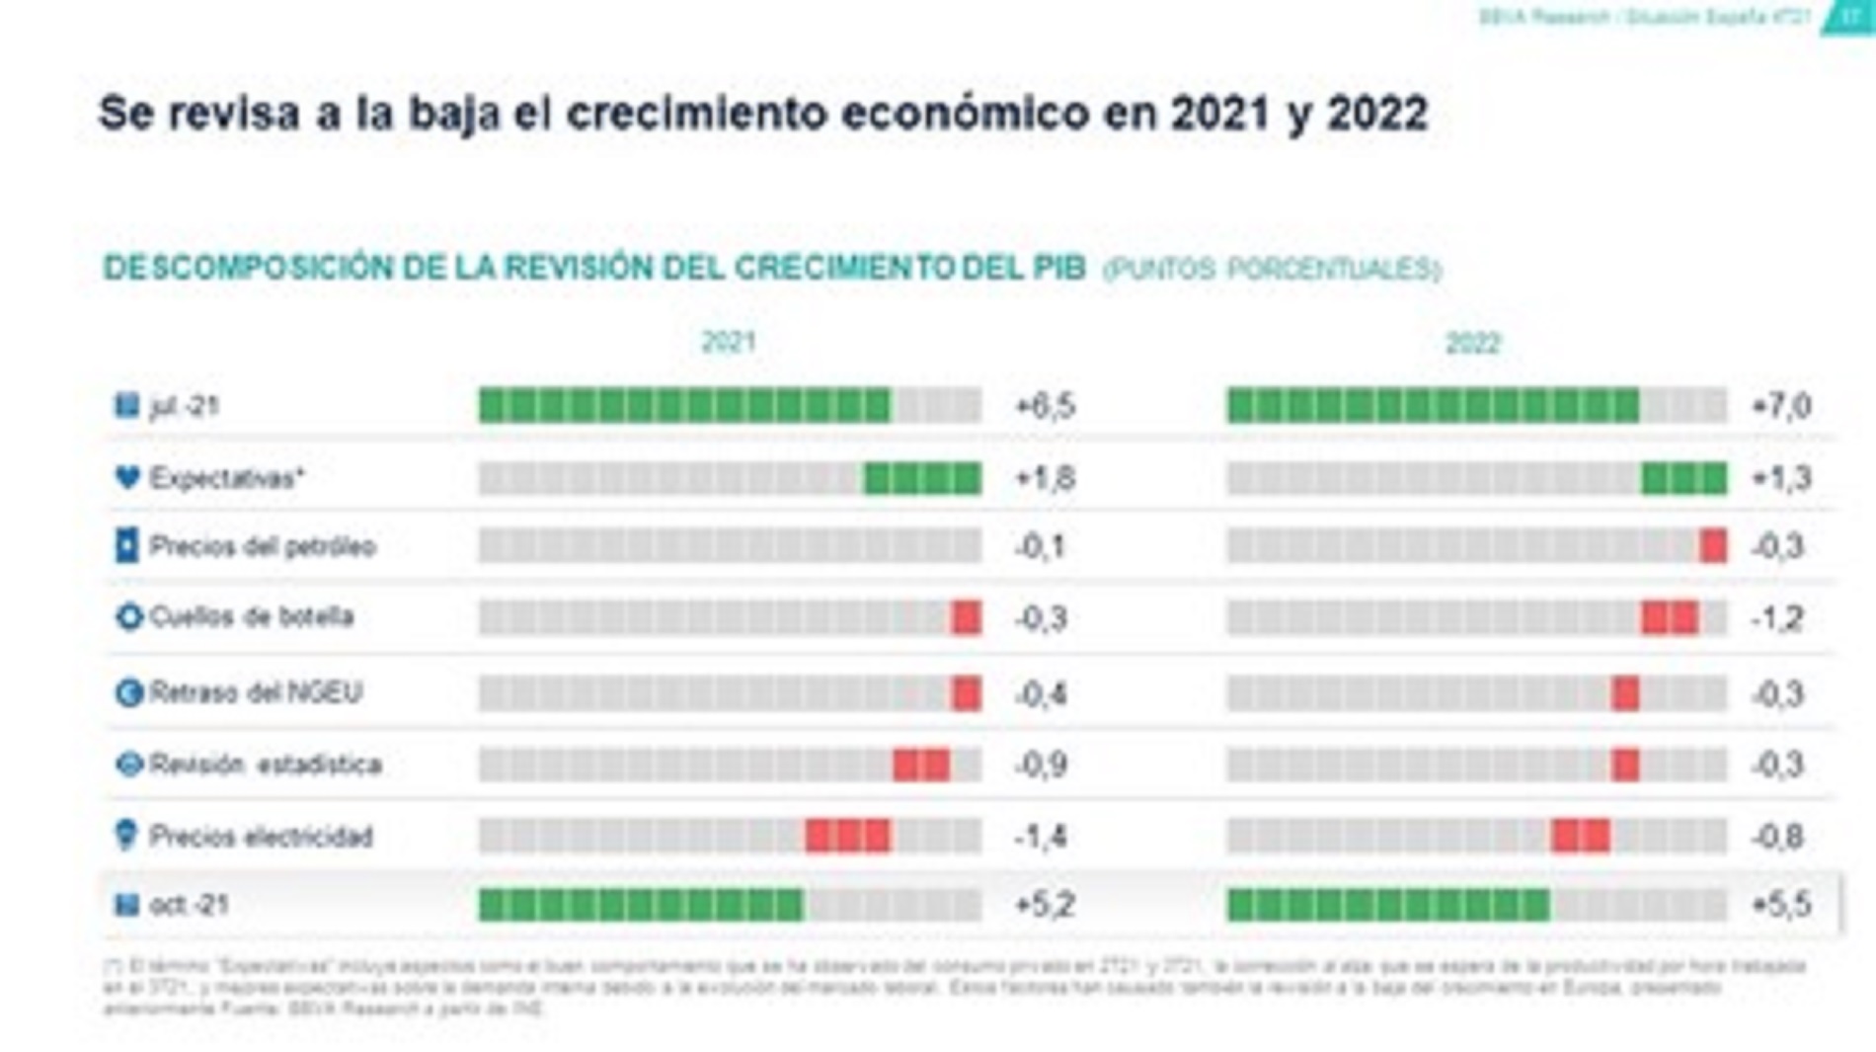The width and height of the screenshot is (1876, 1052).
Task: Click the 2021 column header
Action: click(728, 342)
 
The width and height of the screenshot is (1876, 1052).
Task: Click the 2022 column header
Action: click(1472, 343)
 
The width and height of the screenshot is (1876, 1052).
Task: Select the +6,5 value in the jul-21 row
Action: click(1045, 406)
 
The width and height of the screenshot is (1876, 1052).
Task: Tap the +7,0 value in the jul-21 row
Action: click(1780, 406)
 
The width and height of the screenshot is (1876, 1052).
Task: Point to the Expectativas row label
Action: click(226, 478)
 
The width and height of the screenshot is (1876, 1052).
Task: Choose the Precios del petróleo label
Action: click(262, 546)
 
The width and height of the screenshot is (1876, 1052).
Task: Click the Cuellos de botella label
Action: click(251, 617)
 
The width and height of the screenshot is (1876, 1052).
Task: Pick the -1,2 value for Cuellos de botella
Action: click(1777, 619)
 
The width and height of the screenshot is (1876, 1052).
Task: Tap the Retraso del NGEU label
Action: click(256, 692)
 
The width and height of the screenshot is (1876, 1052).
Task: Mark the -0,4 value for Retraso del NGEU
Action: click(1041, 694)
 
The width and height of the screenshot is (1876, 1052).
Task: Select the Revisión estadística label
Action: click(265, 765)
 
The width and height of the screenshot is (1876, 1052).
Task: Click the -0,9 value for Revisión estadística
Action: click(1041, 766)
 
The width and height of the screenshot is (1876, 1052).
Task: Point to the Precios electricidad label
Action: click(261, 837)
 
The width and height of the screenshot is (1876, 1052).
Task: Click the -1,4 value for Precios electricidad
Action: click(1041, 838)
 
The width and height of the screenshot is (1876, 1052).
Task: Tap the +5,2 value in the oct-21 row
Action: click(1045, 905)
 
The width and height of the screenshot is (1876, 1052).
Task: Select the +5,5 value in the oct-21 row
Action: click(1780, 905)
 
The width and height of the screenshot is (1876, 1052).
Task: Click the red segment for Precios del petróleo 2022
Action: click(1713, 546)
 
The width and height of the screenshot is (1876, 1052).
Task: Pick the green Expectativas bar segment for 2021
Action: click(922, 478)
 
